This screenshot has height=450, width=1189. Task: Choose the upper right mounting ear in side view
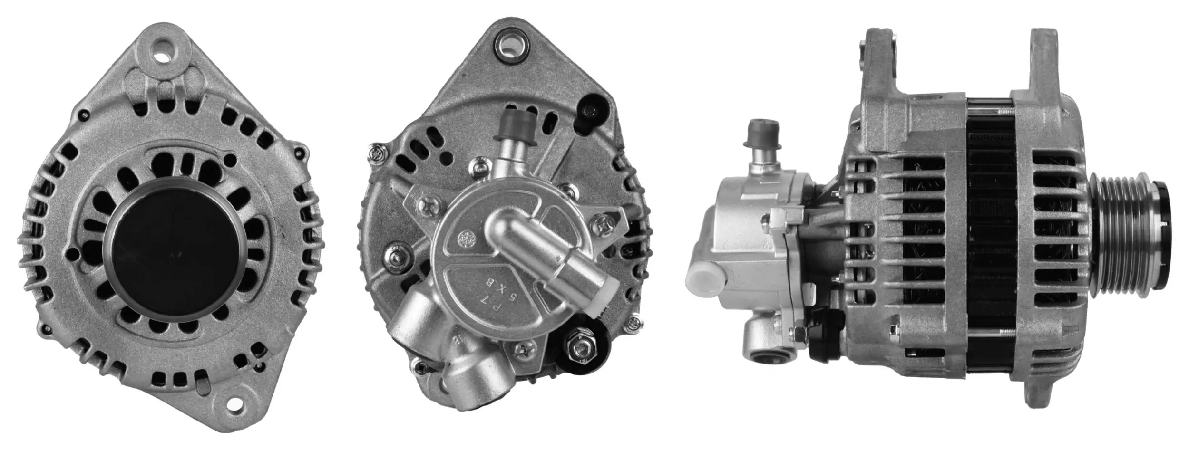click(x=1044, y=62)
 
